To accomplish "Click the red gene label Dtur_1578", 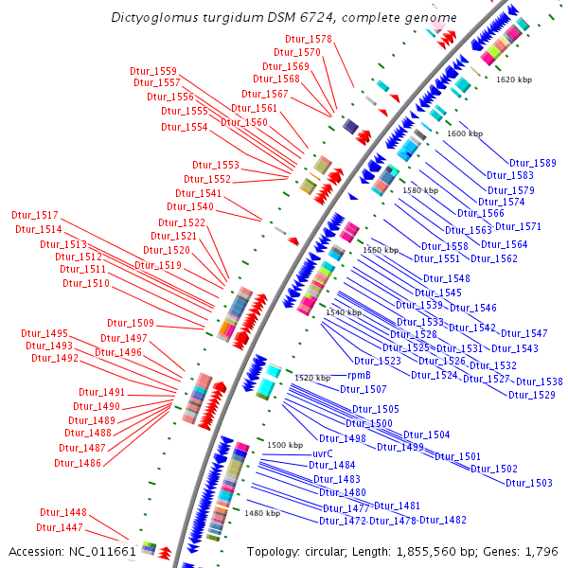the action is [x=309, y=39].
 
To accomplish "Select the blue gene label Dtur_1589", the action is [x=533, y=164].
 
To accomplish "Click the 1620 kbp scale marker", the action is [x=514, y=80].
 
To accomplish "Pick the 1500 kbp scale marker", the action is [x=284, y=445].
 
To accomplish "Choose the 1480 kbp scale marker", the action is [x=262, y=513].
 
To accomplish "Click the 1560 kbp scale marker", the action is [x=381, y=250].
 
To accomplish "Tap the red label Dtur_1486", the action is [x=78, y=463].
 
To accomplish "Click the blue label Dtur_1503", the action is [x=529, y=483].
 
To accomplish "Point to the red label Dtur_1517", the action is [x=36, y=215].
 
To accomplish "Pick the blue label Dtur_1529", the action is [x=532, y=395].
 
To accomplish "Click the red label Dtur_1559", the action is [x=153, y=71].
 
